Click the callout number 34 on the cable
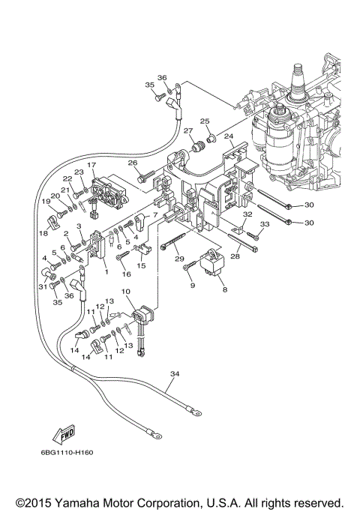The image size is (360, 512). (175, 374)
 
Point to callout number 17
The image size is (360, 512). (91, 164)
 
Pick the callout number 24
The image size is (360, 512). (229, 136)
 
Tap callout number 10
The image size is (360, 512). (125, 291)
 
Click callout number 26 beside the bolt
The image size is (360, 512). (132, 162)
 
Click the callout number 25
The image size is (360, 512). (204, 121)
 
